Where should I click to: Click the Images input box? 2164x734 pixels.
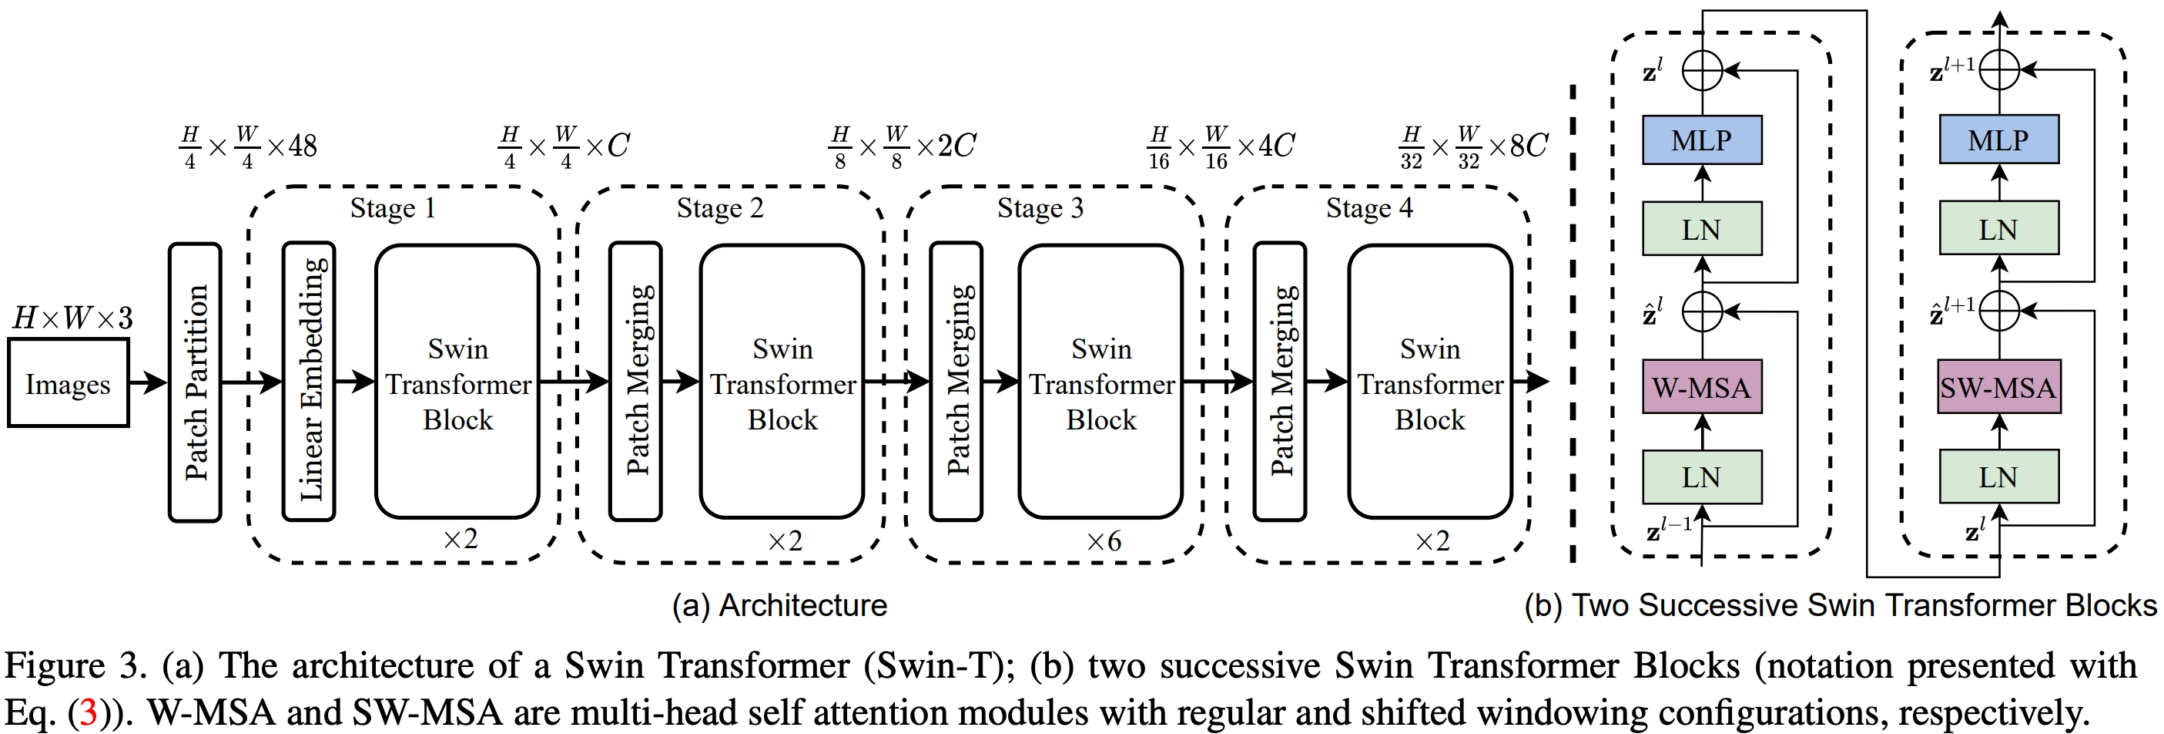68,383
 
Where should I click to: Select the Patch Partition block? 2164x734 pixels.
195,382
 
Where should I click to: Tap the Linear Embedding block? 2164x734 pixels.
309,382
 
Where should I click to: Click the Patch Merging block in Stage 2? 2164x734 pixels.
636,382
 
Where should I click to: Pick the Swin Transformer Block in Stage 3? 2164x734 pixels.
1100,382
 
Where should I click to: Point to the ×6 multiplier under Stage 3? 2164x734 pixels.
1104,540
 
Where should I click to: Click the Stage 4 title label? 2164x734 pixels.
1369,207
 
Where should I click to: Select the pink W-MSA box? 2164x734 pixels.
1702,388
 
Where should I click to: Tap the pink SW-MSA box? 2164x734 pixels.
1998,388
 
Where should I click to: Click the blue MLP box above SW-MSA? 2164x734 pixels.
1998,140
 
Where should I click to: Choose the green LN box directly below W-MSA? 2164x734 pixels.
1702,477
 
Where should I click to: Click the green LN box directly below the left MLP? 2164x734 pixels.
1702,229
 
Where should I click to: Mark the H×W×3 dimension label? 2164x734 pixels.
73,318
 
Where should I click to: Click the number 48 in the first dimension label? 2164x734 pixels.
303,146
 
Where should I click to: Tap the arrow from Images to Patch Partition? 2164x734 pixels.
149,382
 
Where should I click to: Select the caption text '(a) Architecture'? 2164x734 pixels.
779,605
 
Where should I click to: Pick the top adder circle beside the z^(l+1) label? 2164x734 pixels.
1999,71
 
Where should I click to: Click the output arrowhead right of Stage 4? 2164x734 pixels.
1538,382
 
